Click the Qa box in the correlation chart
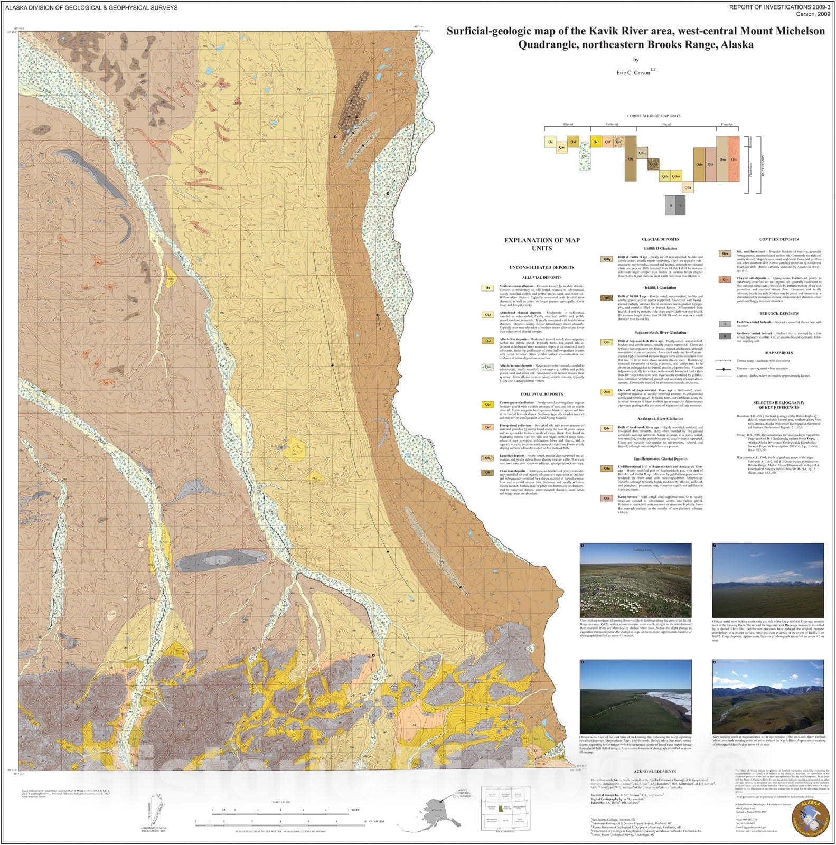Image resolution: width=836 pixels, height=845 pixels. click(550, 142)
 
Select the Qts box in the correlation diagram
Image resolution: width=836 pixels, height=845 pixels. click(734, 159)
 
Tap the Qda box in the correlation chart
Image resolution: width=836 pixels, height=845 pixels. click(687, 187)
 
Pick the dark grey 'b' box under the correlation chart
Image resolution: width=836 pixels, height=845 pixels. click(680, 205)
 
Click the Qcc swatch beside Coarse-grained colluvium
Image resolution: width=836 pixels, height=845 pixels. click(489, 405)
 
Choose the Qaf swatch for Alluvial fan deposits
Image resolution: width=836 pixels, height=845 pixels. click(489, 341)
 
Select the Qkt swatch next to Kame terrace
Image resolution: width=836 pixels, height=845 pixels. click(607, 498)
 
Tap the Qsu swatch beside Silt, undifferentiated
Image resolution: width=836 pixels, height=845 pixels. click(725, 253)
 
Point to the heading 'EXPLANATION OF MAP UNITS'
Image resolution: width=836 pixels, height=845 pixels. click(541, 244)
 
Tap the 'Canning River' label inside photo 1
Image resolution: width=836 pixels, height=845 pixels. click(643, 550)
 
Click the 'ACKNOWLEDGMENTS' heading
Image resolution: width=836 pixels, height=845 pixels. click(654, 772)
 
